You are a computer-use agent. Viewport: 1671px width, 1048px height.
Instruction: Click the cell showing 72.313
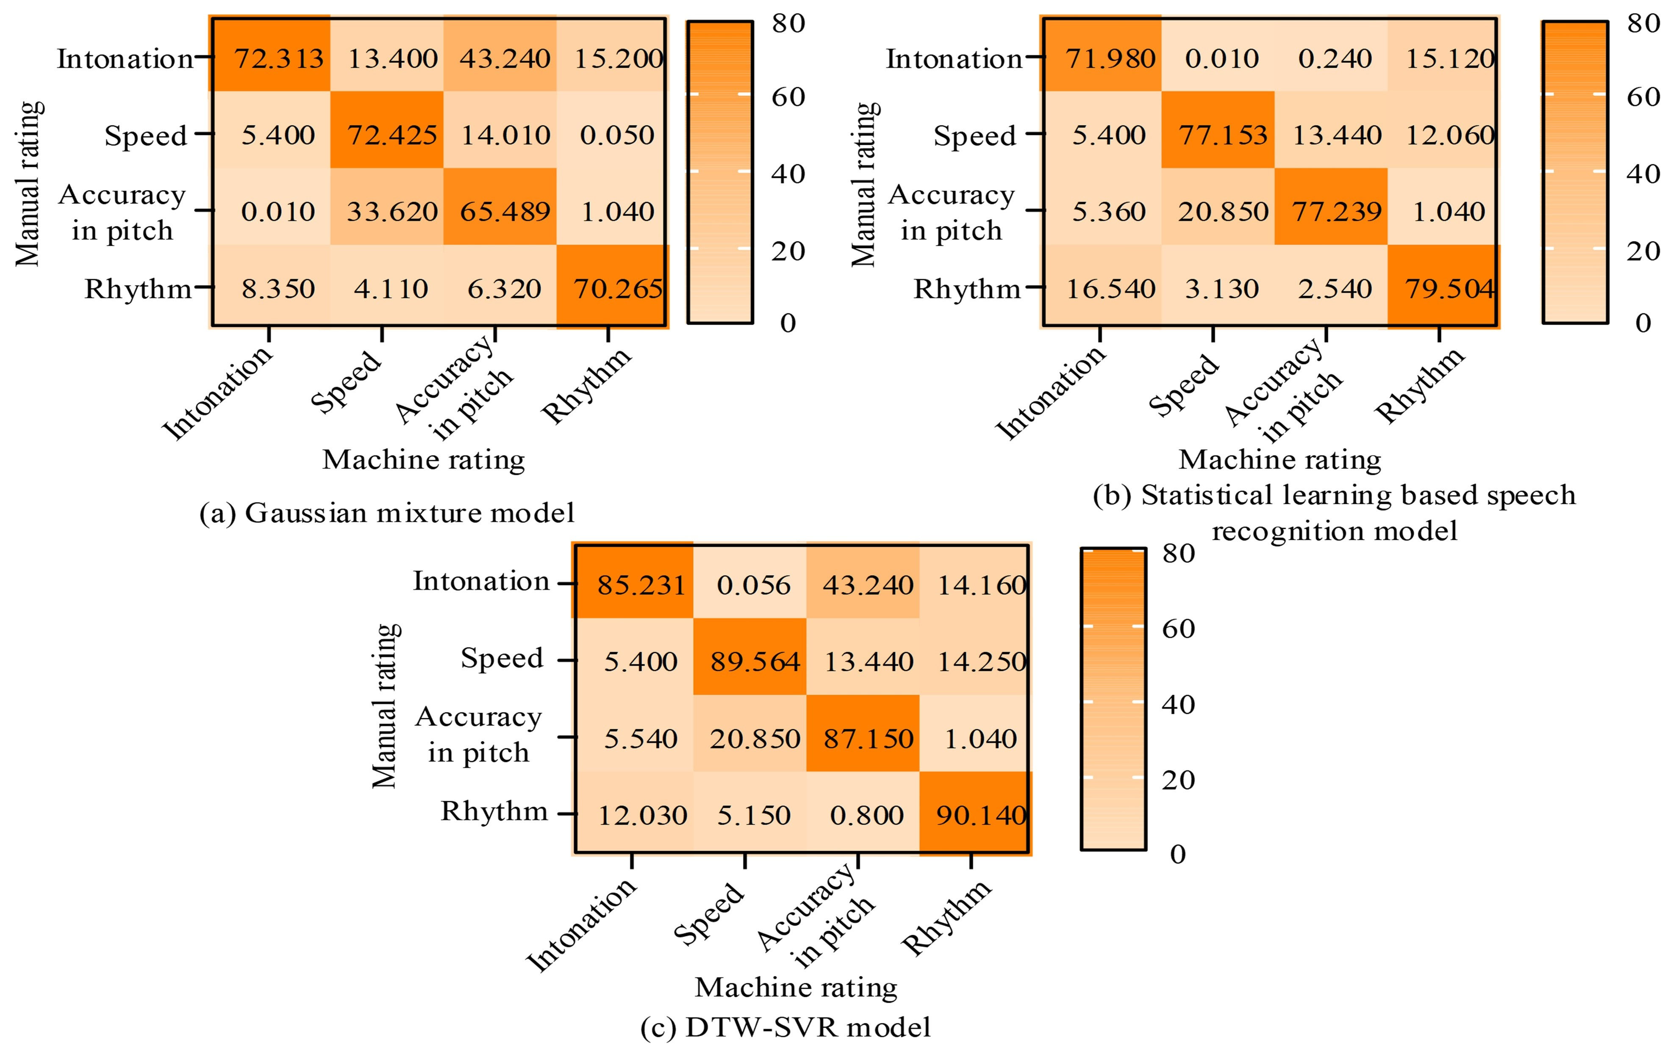[x=278, y=58]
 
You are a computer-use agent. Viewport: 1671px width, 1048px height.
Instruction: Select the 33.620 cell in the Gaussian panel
[x=392, y=211]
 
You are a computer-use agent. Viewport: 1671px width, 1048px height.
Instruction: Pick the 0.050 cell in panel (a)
[x=617, y=135]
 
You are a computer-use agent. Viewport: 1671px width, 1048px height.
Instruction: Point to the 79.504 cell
[x=1449, y=288]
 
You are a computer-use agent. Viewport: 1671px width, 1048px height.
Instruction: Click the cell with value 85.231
[x=641, y=585]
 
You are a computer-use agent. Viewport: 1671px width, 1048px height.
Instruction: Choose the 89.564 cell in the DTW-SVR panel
[x=755, y=661]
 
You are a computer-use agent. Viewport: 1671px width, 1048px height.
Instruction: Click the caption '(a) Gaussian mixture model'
[x=387, y=513]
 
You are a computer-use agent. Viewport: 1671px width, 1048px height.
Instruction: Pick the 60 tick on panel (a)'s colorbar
[x=788, y=97]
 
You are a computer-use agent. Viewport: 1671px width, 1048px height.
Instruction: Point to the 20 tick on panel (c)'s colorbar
[x=1178, y=780]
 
